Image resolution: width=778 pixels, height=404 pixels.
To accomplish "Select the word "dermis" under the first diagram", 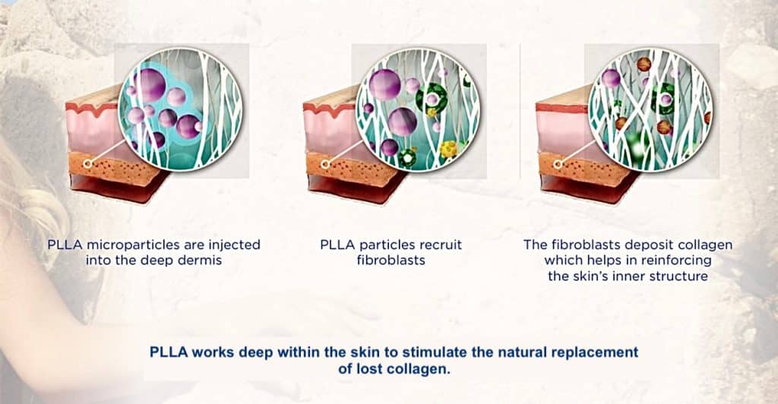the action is tap(198, 260).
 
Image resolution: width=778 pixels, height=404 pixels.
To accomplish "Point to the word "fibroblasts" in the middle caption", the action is tap(391, 260).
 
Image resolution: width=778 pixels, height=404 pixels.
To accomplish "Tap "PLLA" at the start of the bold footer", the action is tap(169, 352).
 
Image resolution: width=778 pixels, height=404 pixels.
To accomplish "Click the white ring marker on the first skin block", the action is tap(88, 163).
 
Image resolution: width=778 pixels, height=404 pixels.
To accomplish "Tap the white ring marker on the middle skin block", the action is tap(325, 164).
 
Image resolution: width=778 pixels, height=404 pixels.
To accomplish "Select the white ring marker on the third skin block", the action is tap(558, 163).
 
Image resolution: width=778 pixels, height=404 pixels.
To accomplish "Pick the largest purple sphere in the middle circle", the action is tap(385, 85).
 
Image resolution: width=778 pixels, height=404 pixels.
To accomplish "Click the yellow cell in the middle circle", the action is tap(449, 149).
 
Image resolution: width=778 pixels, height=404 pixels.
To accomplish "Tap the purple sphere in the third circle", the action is tap(611, 78).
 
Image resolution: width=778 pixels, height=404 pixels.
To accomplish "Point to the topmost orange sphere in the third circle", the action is tap(644, 64).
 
